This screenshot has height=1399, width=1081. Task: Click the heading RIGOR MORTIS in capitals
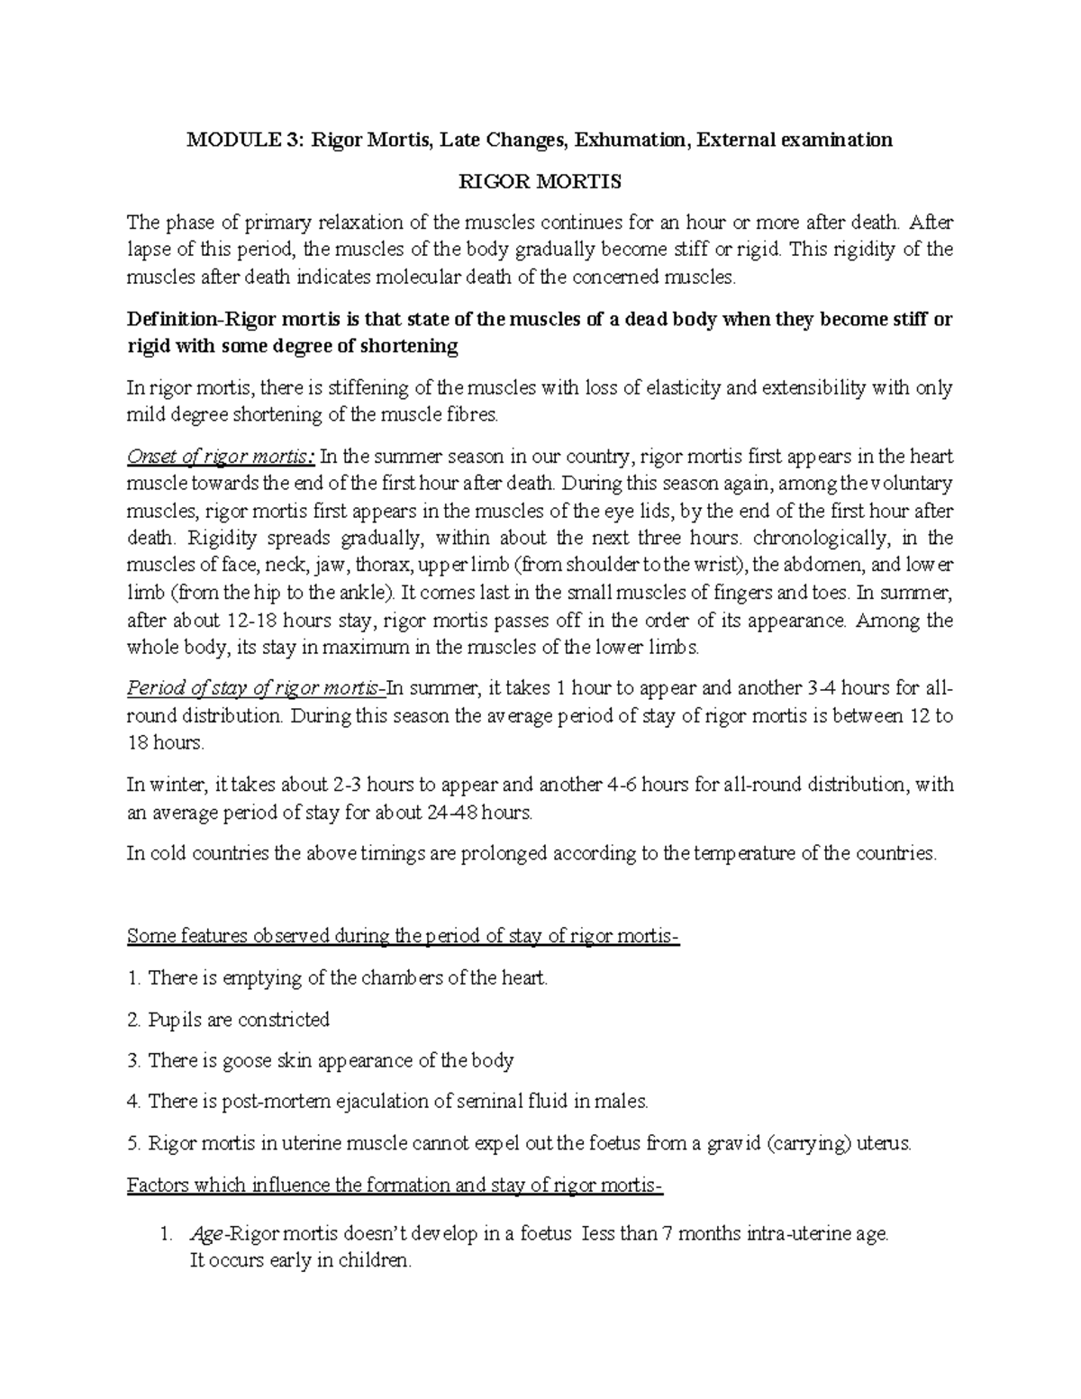click(540, 182)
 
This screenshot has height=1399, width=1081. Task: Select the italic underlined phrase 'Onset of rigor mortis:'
click(222, 457)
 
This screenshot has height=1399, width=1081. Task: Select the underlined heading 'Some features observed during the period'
click(403, 936)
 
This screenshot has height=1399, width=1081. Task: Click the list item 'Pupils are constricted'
click(238, 1020)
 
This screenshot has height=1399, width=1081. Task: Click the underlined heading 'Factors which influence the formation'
click(395, 1185)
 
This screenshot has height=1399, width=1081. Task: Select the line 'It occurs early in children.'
click(299, 1261)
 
